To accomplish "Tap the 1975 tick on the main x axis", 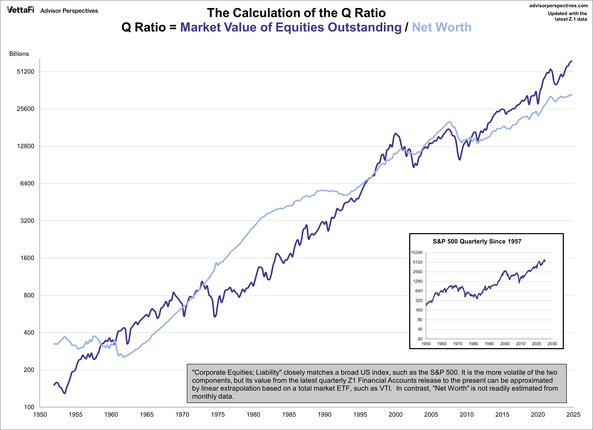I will [218, 415].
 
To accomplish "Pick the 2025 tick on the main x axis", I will [573, 415].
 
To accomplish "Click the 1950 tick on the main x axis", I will [40, 415].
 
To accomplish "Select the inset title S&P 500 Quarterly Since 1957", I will [477, 241].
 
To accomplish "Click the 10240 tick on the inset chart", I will [416, 252].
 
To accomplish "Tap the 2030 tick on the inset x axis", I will [552, 344].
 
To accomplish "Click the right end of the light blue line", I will [572, 95].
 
